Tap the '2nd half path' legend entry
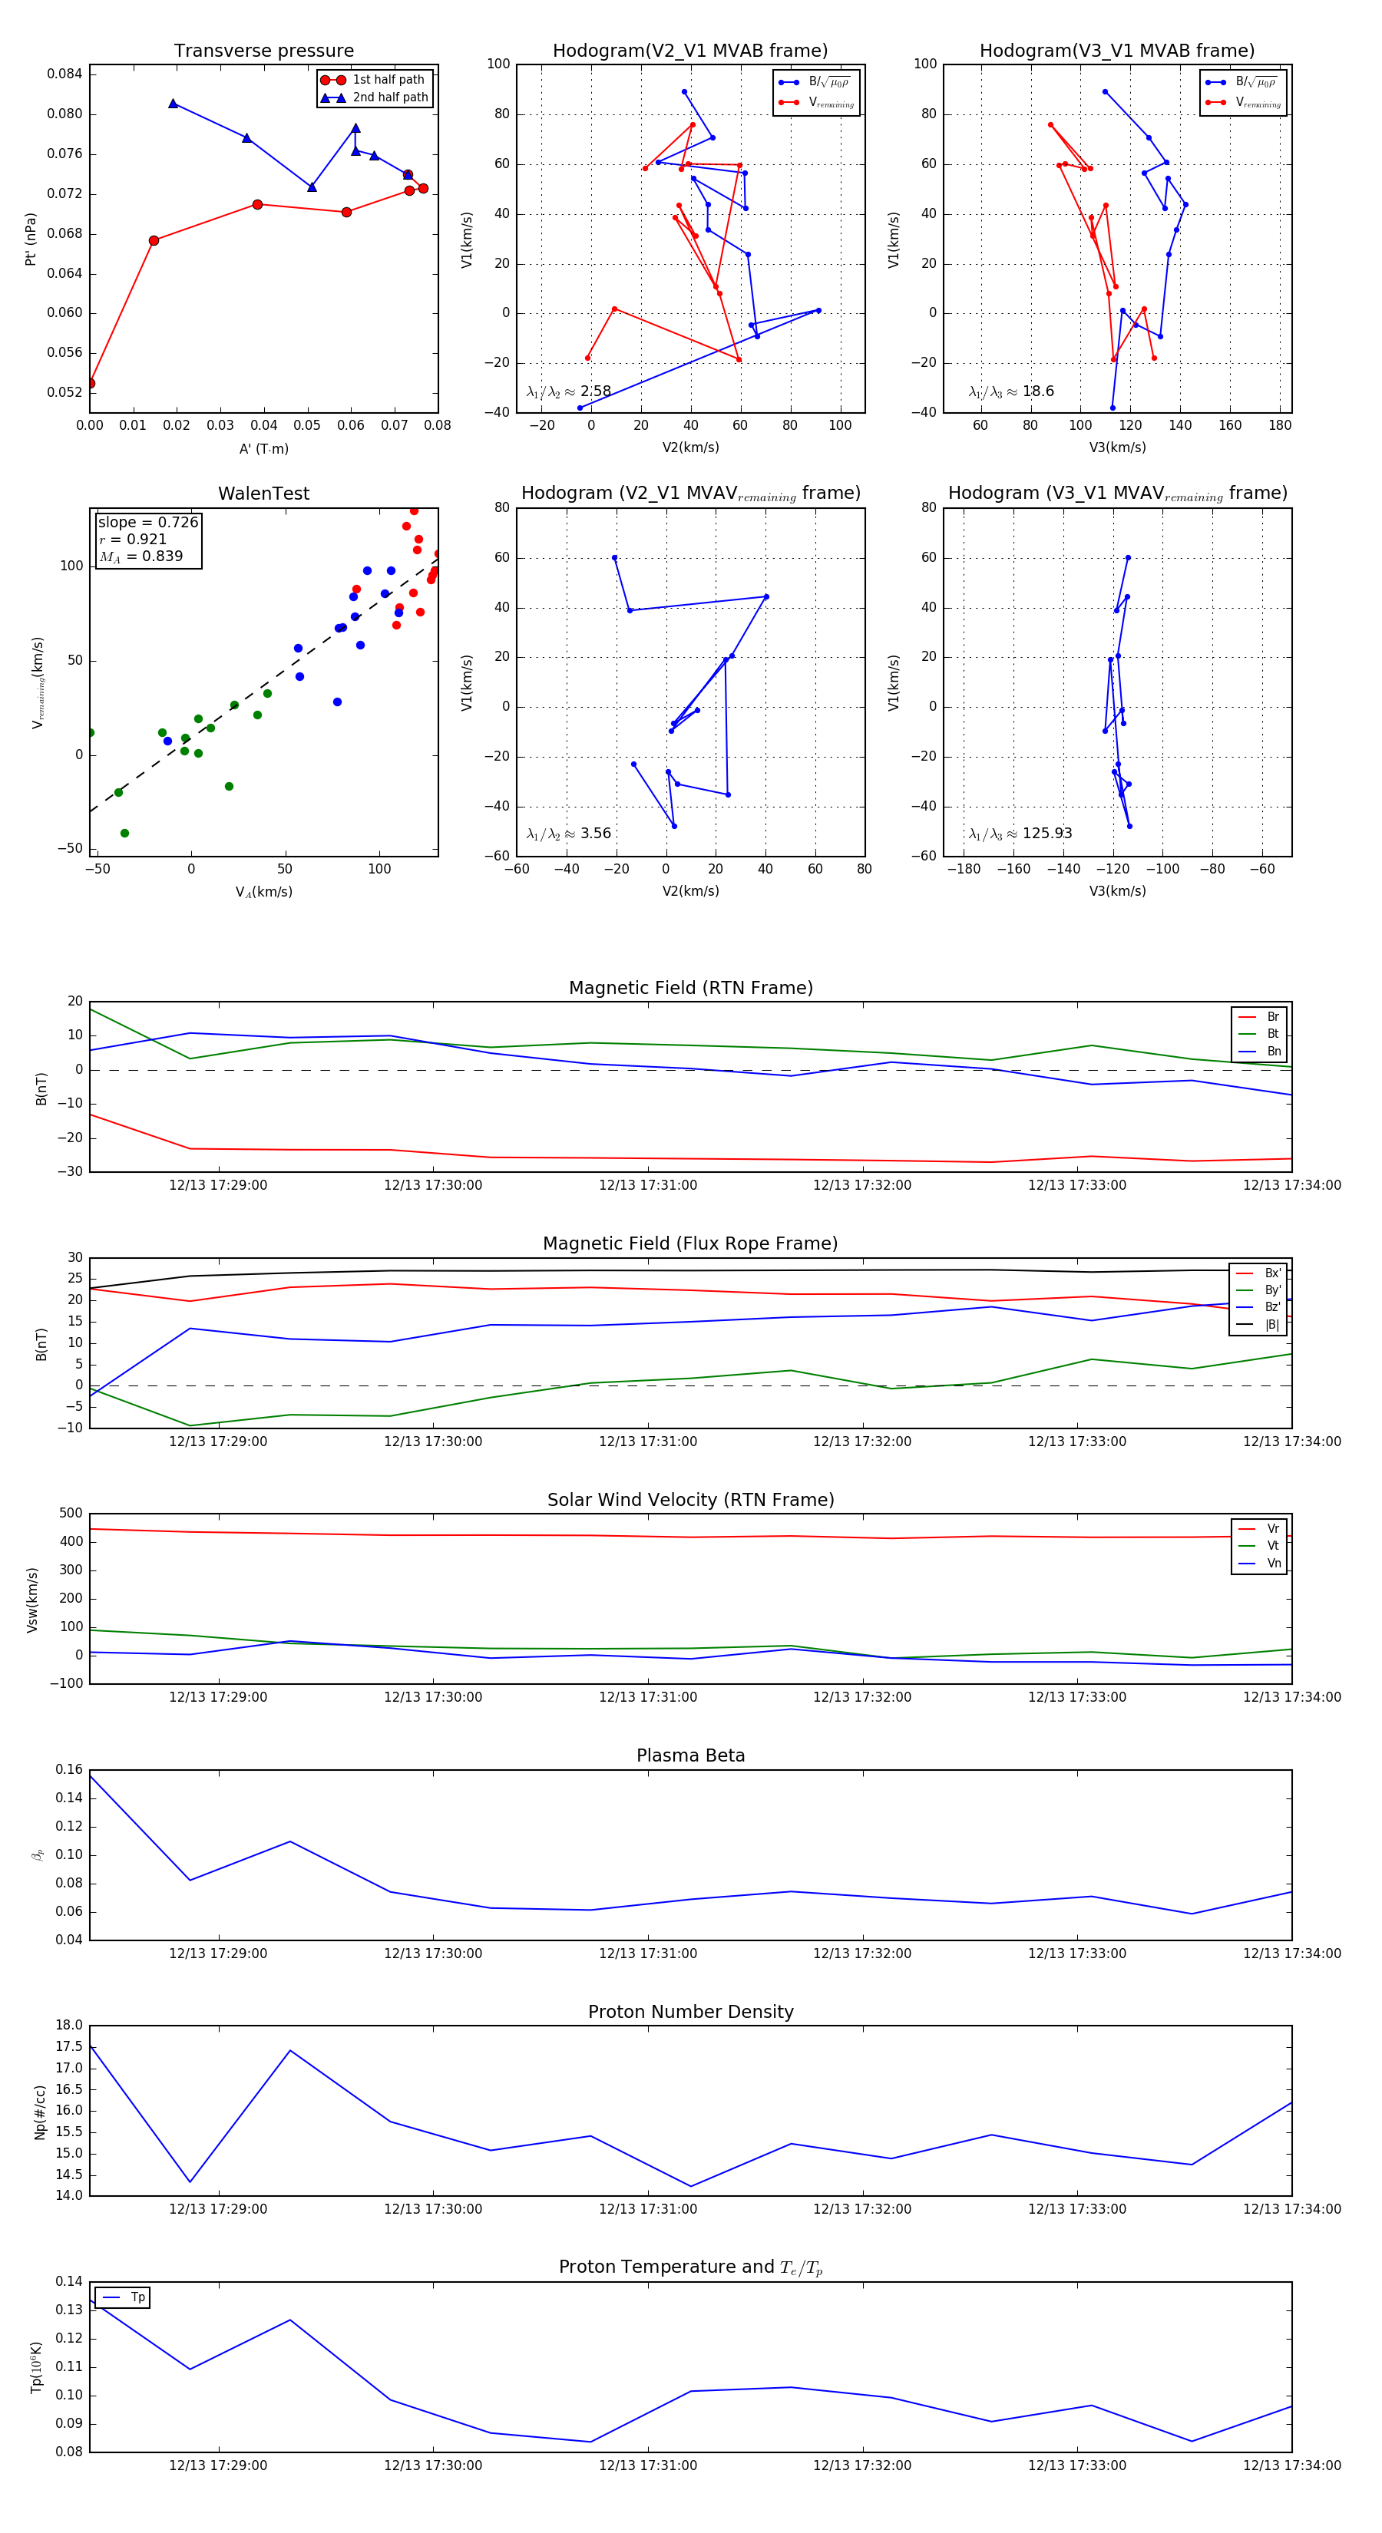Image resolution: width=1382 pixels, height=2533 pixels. (389, 97)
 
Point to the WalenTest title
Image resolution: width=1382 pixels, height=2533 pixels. (263, 494)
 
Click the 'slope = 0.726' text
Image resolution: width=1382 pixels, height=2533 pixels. (147, 522)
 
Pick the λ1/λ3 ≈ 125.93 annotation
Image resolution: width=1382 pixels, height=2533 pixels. (1020, 833)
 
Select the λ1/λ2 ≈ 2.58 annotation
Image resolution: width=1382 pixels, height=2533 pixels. (568, 391)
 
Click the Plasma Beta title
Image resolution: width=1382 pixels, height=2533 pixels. (690, 1756)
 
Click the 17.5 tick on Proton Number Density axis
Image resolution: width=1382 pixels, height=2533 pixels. (69, 2046)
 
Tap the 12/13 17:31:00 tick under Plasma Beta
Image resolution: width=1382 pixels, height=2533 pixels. (647, 1953)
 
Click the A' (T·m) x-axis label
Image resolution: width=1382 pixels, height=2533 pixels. (263, 448)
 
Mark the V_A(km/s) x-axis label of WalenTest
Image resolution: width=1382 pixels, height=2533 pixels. (263, 892)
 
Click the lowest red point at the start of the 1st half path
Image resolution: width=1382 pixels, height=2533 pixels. (91, 384)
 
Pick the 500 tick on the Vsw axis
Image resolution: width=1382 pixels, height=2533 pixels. (71, 1514)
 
